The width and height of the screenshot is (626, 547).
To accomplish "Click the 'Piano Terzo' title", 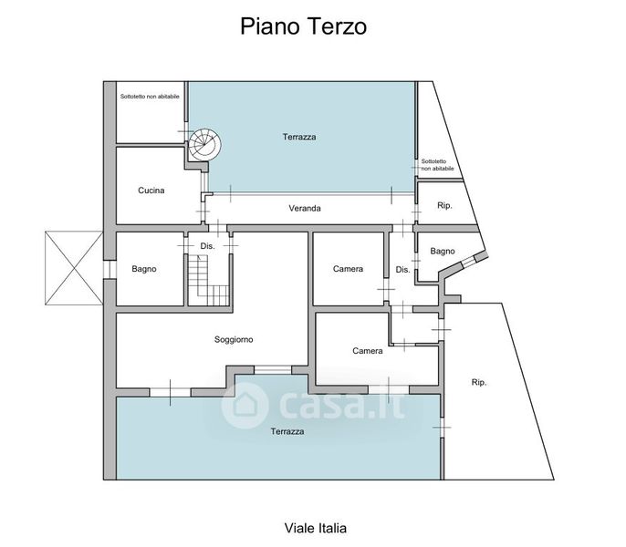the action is [303, 26].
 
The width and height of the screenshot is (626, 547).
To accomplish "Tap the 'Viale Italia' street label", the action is [316, 528].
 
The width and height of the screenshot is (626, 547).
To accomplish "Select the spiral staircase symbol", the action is [204, 144].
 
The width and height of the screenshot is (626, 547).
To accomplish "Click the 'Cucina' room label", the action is [151, 191].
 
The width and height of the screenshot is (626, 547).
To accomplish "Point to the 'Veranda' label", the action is [305, 208].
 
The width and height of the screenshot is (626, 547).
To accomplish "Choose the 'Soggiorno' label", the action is [234, 339].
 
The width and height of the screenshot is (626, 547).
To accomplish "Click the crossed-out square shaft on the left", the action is [74, 268].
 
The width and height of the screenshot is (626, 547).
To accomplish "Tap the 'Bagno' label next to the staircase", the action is [144, 269].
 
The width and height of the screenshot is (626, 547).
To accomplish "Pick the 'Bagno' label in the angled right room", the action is [443, 252].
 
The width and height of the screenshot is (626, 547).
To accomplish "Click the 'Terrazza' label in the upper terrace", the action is [299, 137].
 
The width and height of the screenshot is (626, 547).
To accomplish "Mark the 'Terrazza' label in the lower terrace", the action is [287, 431].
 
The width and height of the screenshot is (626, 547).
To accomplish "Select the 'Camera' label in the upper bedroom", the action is [349, 269].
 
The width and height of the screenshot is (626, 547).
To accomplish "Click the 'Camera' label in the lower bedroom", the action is [368, 351].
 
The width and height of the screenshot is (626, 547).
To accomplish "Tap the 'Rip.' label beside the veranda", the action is [444, 205].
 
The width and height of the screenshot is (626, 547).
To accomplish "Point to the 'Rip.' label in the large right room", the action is [479, 382].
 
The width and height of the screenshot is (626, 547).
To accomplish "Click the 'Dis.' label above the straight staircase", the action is [208, 246].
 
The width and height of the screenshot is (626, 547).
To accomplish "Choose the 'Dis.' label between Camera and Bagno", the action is [402, 270].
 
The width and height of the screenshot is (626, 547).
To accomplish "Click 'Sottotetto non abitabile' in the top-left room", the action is [150, 97].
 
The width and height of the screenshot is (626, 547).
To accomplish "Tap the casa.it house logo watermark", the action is [245, 406].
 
